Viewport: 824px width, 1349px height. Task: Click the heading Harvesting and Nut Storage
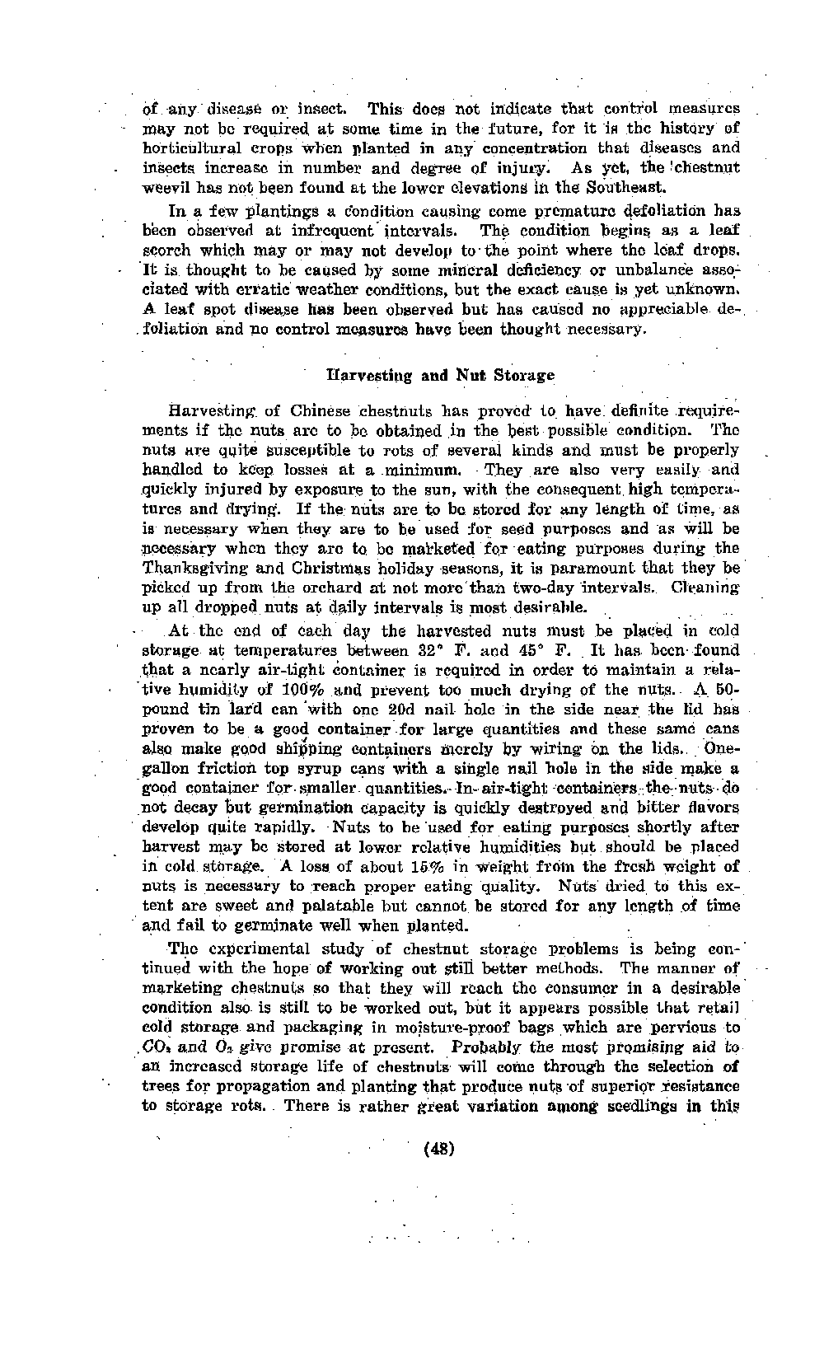click(441, 376)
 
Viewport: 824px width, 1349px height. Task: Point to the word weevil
click(166, 188)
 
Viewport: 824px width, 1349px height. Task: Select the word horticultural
click(194, 148)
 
